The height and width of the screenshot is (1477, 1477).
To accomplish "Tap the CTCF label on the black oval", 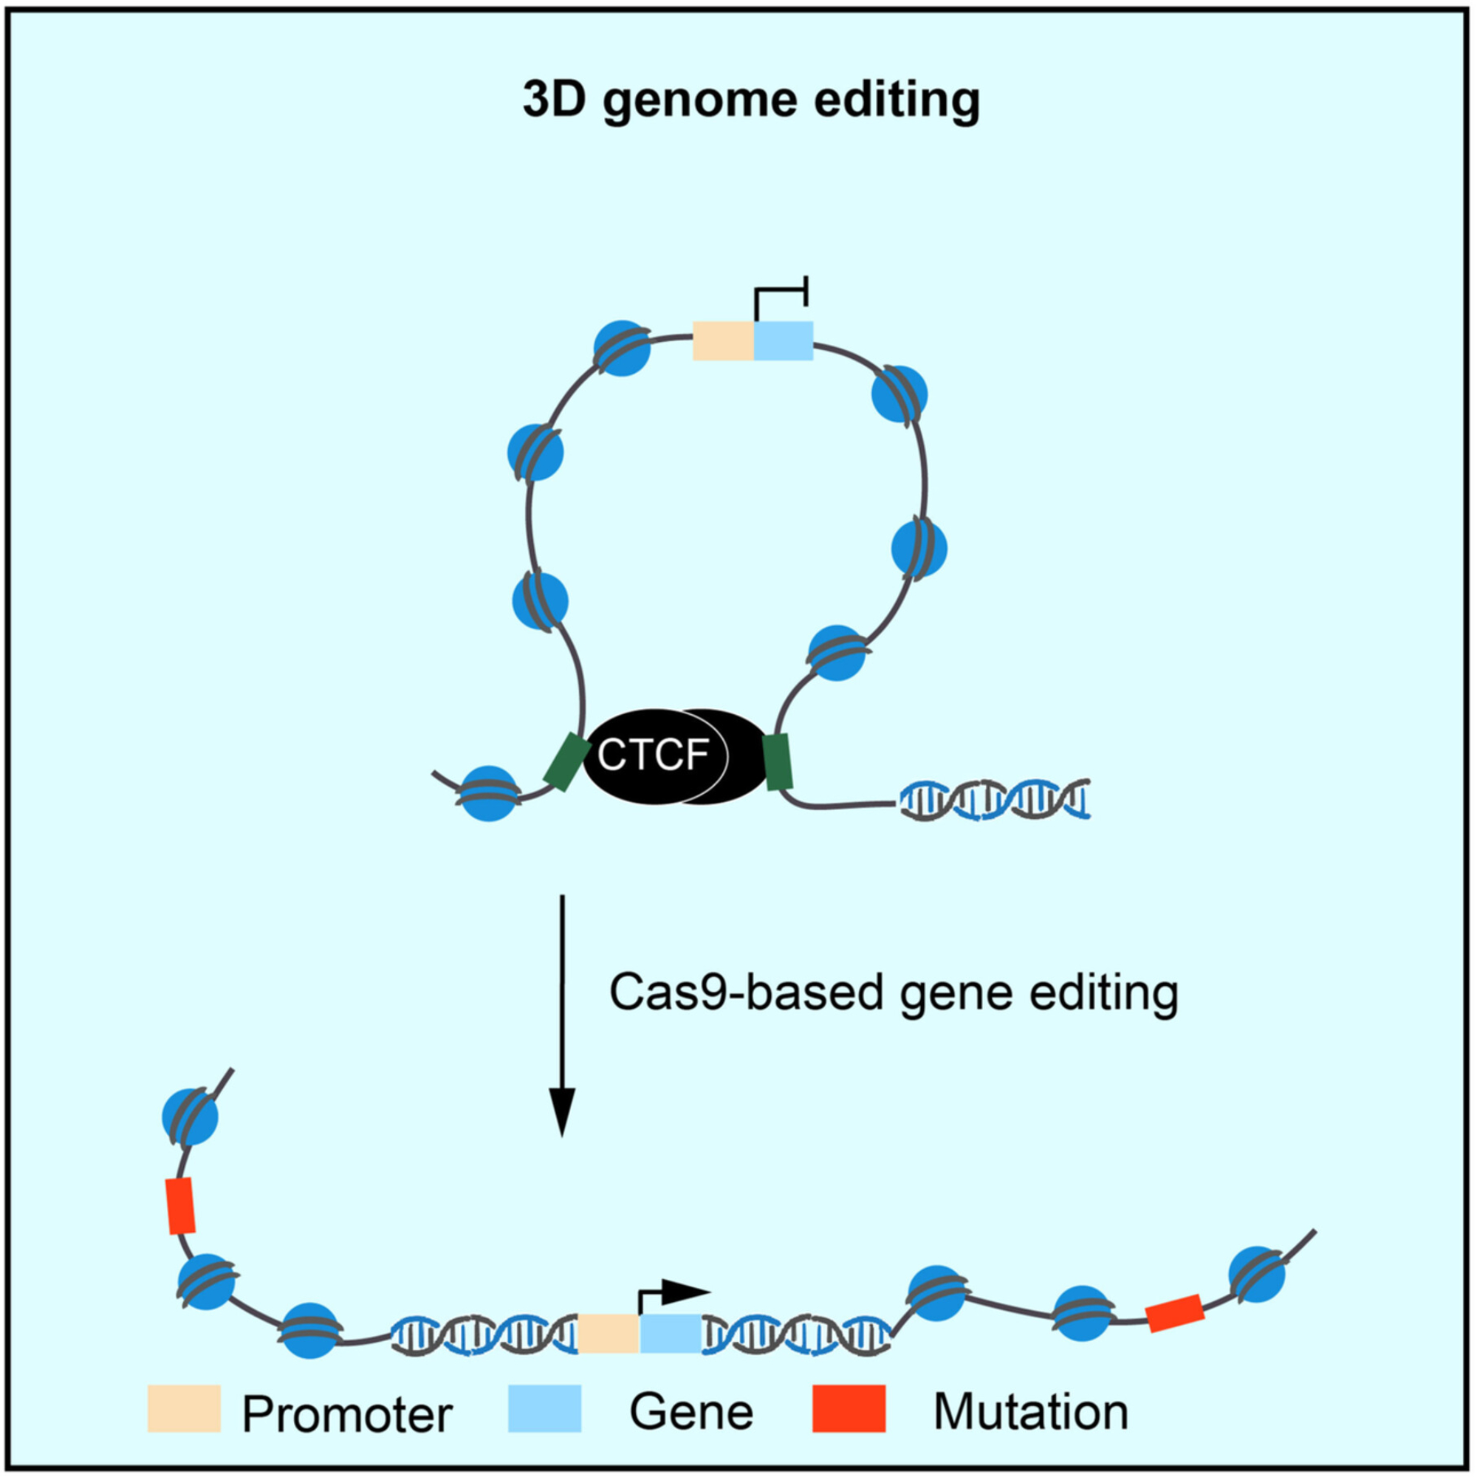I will (653, 755).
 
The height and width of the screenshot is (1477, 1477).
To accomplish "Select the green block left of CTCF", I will (566, 761).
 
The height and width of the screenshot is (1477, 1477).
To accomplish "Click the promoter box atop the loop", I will (722, 340).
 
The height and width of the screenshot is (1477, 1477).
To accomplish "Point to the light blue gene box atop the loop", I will (784, 340).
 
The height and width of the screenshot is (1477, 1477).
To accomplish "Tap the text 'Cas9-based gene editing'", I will (893, 993).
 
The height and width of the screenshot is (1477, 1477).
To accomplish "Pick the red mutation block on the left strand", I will (181, 1206).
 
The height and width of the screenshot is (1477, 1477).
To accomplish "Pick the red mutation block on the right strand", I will (1175, 1313).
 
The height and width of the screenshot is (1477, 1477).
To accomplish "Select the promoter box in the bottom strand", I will (608, 1333).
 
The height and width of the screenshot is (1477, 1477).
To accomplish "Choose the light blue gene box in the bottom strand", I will (670, 1333).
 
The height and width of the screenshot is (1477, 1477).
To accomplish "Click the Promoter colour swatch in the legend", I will (183, 1408).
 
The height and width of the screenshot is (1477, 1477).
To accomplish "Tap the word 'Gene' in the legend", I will (691, 1411).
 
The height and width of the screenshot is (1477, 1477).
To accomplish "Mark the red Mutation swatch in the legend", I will (849, 1408).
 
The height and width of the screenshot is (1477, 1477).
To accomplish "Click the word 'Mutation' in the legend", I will (1030, 1411).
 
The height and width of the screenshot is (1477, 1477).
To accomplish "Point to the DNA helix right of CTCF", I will (994, 800).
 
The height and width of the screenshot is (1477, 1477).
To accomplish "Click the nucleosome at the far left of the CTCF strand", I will (490, 794).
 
